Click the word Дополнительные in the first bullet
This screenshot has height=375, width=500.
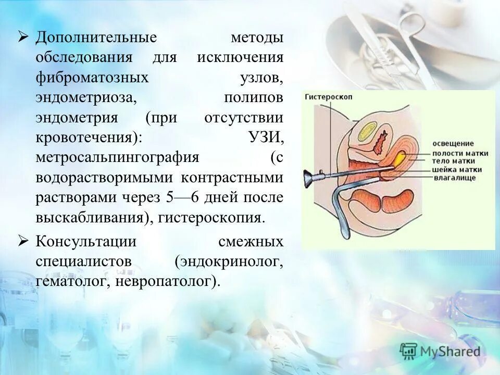click(x=96, y=38)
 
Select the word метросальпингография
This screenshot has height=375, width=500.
click(x=118, y=158)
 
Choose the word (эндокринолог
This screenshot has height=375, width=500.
click(x=229, y=261)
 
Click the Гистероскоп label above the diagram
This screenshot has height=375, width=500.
click(x=322, y=97)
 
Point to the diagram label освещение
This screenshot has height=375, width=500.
click(x=453, y=143)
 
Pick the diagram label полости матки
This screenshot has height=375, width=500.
click(x=460, y=153)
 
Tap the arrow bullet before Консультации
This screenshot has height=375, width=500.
click(x=23, y=241)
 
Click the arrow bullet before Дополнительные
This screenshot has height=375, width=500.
click(x=23, y=37)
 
